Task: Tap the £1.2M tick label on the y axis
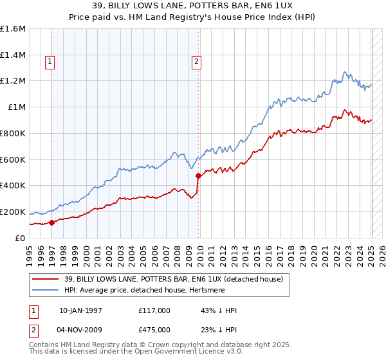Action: click(13, 81)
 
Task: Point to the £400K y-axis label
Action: click(13, 186)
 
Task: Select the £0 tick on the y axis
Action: click(21, 238)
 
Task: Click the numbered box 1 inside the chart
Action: click(50, 62)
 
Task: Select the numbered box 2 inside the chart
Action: click(196, 62)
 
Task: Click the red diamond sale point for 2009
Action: click(198, 175)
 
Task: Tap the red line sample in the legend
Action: click(46, 278)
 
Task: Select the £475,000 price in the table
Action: click(154, 330)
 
